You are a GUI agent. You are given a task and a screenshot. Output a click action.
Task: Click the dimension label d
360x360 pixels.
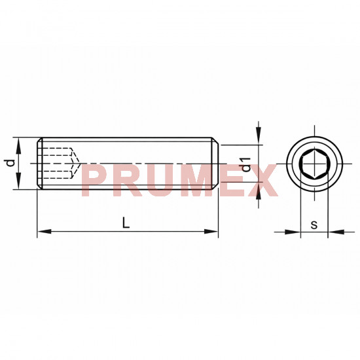(10, 162)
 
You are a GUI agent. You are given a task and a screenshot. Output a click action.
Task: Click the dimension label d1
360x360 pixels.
(246, 164)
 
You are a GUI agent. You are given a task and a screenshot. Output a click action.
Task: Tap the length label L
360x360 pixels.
(126, 223)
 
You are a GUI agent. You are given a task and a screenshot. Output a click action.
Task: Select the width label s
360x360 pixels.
(314, 225)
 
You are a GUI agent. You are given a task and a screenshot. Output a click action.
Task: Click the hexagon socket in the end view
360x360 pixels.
(315, 164)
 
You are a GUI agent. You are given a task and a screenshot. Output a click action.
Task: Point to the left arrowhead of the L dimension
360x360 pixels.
(45, 232)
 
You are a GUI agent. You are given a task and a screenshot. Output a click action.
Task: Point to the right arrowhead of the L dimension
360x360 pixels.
(211, 232)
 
